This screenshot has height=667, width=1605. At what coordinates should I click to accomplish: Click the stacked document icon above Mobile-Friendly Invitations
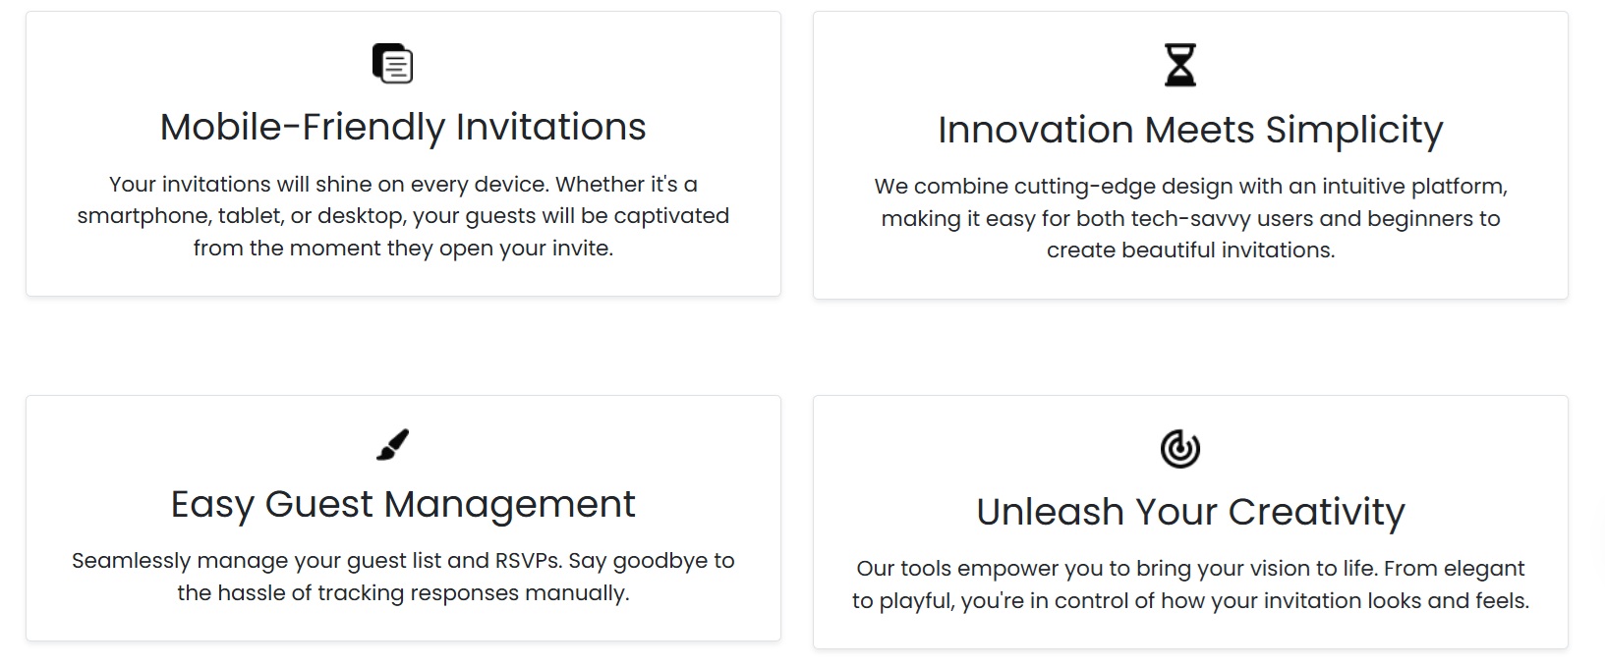tap(393, 64)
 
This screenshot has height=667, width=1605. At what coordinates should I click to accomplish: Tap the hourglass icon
tap(1180, 65)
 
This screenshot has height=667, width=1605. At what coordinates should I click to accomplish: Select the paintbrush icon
tap(393, 445)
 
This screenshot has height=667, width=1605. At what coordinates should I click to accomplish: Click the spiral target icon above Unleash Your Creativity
tap(1180, 449)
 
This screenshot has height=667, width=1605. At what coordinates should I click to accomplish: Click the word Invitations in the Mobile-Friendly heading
tap(551, 128)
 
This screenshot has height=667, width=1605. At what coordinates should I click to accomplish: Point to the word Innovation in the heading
tap(1036, 131)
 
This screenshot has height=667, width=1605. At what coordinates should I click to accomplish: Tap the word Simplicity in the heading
tap(1354, 132)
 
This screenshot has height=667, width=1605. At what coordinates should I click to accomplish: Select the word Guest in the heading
tap(318, 504)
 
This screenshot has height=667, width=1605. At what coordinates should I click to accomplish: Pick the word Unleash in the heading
tap(1051, 512)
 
